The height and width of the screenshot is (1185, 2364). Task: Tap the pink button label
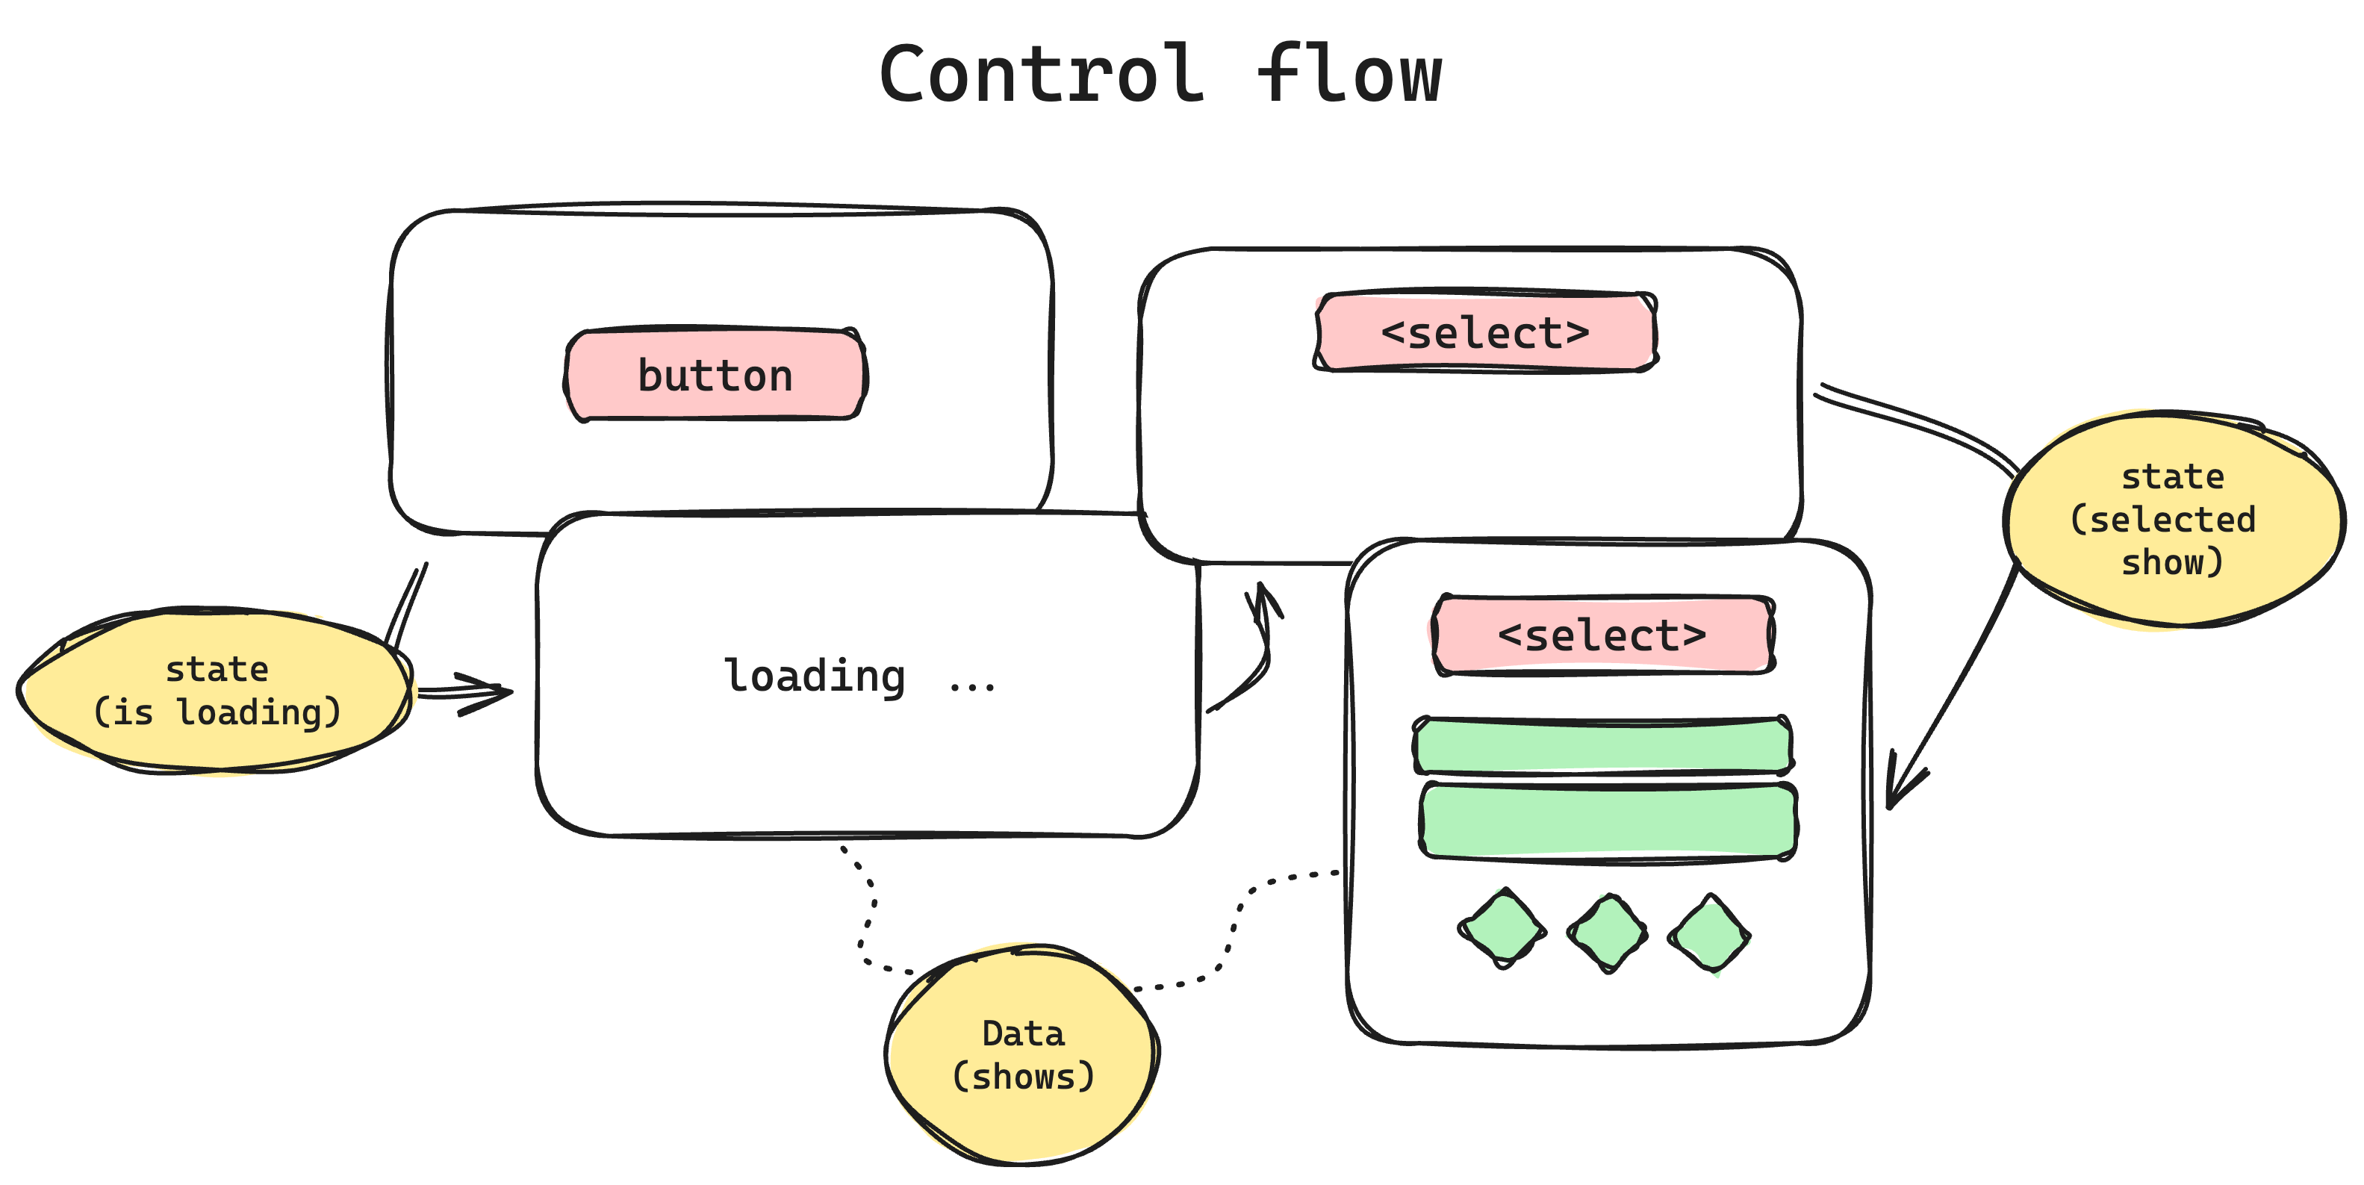(x=715, y=375)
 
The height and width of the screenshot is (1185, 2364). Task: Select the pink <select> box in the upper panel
(x=1486, y=332)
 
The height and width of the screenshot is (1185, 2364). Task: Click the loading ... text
(x=859, y=677)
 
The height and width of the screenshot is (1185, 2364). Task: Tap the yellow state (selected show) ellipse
(x=2172, y=520)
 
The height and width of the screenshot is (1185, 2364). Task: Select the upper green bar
(x=1602, y=745)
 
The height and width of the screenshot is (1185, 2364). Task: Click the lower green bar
(x=1608, y=821)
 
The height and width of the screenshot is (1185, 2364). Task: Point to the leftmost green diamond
(x=1502, y=929)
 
